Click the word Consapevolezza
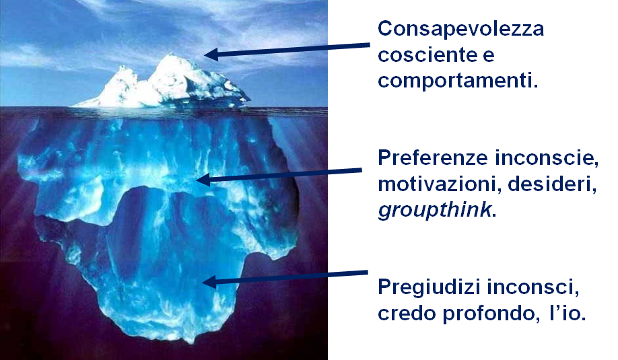pyautogui.click(x=461, y=29)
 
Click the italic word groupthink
pyautogui.click(x=435, y=209)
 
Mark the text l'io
pyautogui.click(x=568, y=313)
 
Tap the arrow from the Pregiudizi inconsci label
pyautogui.click(x=286, y=277)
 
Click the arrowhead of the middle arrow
pyautogui.click(x=202, y=180)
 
